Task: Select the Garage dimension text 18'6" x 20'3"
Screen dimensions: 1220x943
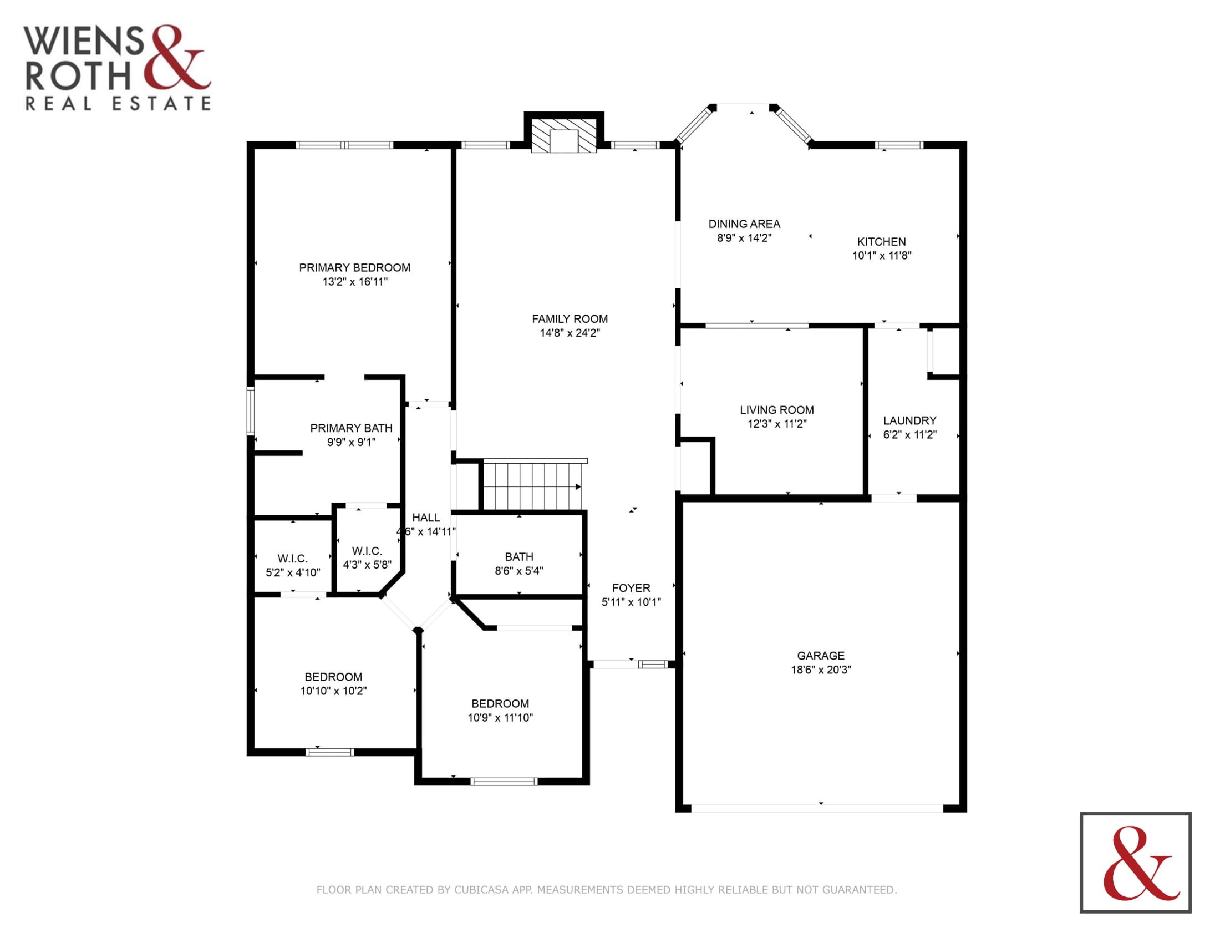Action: pos(821,670)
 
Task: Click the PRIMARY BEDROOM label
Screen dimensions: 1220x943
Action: pos(354,267)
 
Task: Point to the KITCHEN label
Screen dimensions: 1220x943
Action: pos(882,242)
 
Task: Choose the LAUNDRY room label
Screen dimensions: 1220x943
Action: pos(909,420)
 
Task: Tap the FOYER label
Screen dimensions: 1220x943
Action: pos(631,588)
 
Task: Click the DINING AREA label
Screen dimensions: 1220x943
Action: pos(744,224)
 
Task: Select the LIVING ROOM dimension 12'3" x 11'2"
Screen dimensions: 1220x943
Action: pos(776,424)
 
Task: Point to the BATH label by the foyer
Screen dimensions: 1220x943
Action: pos(519,557)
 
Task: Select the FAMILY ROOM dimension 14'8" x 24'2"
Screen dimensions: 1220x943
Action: pos(570,333)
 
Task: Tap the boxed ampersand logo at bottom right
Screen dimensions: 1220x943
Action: pos(1136,863)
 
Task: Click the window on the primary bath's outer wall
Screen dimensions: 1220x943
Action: pos(251,410)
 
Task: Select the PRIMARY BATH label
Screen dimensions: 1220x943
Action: pos(351,428)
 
